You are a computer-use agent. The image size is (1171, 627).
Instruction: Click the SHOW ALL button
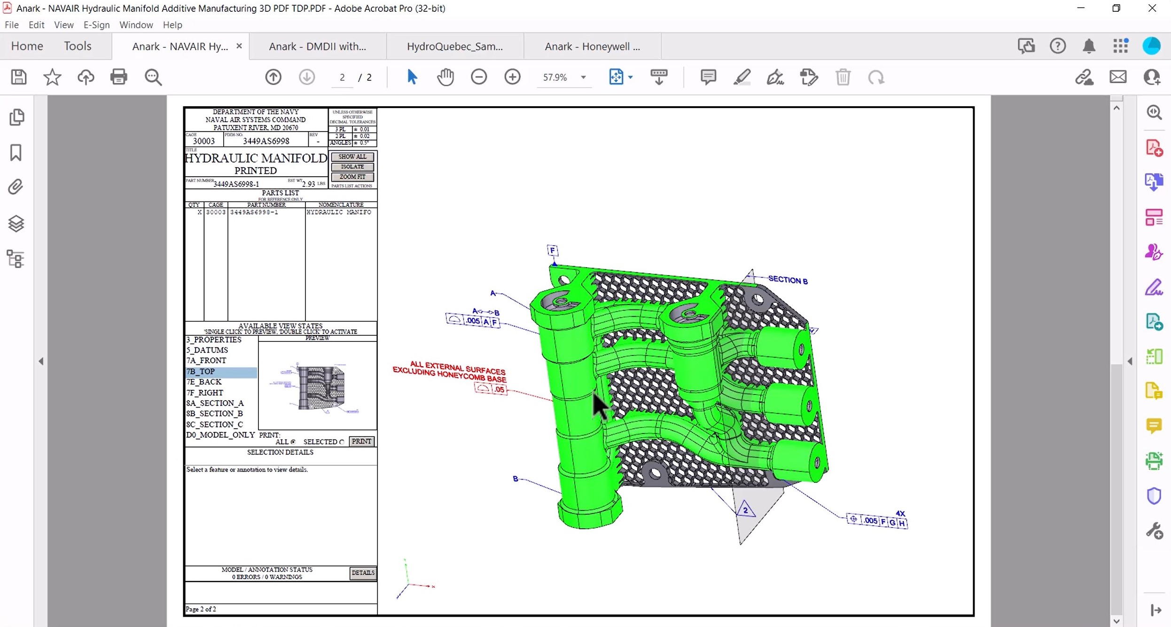pos(352,157)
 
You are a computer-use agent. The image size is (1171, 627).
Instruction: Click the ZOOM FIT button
pos(352,177)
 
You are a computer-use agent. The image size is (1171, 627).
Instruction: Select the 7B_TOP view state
pos(201,372)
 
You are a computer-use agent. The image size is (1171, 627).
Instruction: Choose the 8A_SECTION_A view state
pos(215,403)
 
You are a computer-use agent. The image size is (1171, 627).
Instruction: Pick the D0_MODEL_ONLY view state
pos(220,435)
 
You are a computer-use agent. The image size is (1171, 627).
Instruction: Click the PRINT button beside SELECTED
pos(361,441)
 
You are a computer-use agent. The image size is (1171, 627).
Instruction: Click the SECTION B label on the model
pos(788,280)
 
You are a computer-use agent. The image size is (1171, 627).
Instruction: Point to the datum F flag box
pos(553,250)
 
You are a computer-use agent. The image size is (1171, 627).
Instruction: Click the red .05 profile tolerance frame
pos(491,389)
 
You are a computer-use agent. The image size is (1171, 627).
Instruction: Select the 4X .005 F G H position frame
pos(877,521)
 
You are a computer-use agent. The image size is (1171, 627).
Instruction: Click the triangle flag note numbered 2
pos(745,510)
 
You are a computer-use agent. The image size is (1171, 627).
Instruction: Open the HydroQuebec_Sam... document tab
pos(454,46)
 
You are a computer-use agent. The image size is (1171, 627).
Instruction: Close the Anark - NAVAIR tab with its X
pos(239,46)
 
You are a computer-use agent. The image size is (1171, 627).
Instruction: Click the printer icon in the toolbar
pos(119,77)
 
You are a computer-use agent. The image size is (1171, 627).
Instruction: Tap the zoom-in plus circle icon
pos(512,77)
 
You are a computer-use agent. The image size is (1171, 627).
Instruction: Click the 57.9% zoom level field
pos(555,77)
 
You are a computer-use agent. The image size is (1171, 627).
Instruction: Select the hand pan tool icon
pos(445,77)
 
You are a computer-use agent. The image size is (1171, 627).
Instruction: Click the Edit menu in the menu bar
pos(36,25)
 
